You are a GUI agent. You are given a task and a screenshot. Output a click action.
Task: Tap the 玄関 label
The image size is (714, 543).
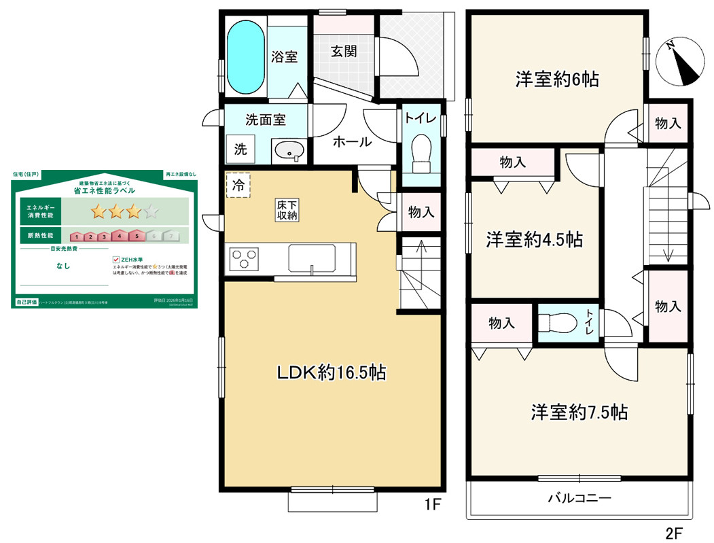pos(344,51)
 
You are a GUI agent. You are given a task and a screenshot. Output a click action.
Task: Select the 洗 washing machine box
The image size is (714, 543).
pos(240,150)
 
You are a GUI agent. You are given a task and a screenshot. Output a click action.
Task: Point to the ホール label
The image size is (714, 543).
pos(351,142)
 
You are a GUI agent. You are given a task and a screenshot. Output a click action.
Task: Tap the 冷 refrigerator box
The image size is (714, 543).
pos(238,184)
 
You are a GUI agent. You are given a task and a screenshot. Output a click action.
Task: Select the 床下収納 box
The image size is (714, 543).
pos(286,209)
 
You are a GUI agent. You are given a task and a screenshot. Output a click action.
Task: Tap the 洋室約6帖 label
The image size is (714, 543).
pos(556,79)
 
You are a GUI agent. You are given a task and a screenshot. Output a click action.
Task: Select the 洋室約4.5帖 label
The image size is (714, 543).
pos(533,240)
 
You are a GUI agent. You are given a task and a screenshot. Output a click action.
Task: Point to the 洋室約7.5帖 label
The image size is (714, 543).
pos(579,412)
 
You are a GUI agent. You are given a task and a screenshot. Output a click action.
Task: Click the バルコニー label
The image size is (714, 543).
pos(579,498)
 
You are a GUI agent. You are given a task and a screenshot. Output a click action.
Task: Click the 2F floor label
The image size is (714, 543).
pos(674,531)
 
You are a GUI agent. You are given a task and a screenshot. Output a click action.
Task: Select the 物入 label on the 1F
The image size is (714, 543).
pos(421,212)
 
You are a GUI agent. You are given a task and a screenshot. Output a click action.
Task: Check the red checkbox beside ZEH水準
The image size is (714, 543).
pos(116,259)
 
